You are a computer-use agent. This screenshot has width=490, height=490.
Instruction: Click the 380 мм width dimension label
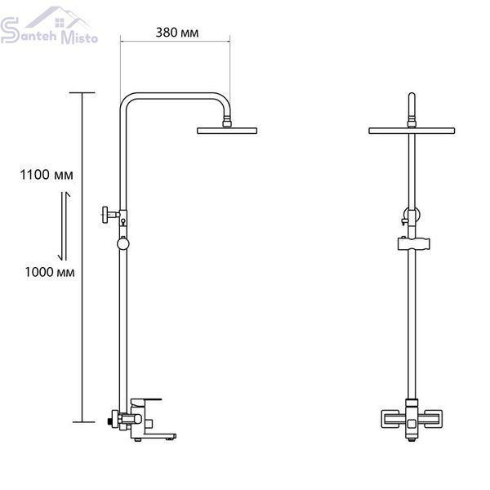(177, 33)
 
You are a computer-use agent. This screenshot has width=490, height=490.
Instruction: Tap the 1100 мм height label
(47, 175)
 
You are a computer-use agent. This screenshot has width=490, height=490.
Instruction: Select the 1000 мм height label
(50, 272)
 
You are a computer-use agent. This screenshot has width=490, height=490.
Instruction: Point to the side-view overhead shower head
(227, 131)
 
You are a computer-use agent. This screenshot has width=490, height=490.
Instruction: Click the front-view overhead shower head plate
(412, 131)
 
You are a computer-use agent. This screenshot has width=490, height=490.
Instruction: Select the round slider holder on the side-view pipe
(123, 243)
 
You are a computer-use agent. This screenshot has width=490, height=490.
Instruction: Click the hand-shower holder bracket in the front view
(414, 243)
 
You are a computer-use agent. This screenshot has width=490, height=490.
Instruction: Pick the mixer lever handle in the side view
(146, 401)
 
